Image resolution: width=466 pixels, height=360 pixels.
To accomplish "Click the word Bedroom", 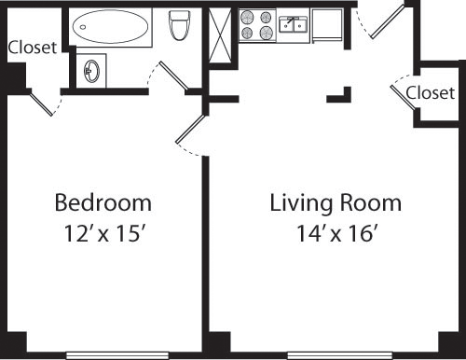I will click(x=103, y=202).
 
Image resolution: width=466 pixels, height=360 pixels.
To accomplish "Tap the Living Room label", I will click(x=336, y=202).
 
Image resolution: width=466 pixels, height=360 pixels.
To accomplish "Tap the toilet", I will click(x=179, y=27).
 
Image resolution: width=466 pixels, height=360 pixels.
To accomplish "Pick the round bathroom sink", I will click(x=92, y=70).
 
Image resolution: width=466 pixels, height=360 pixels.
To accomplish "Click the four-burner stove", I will click(x=258, y=25).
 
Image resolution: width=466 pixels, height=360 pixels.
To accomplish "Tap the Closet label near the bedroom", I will click(x=32, y=48).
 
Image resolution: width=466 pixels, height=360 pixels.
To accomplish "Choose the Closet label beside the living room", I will click(x=431, y=92).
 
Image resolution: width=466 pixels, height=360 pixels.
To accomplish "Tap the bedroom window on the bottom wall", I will click(x=104, y=354).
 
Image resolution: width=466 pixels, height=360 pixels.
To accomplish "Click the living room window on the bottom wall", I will click(x=336, y=354).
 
